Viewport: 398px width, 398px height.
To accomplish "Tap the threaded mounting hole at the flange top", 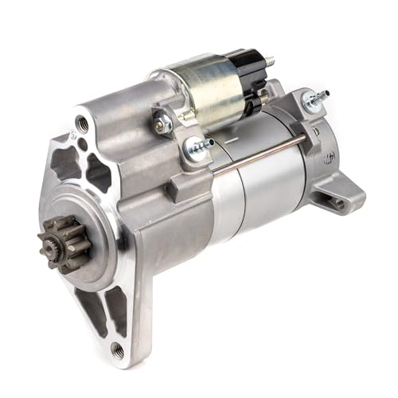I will (x=82, y=124).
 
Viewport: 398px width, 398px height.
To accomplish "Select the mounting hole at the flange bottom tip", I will (x=117, y=349).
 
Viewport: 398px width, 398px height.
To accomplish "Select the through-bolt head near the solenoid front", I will (x=195, y=146).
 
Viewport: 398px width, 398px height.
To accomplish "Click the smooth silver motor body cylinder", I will (x=263, y=191).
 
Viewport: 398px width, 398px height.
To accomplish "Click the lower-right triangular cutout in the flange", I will (x=117, y=306).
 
